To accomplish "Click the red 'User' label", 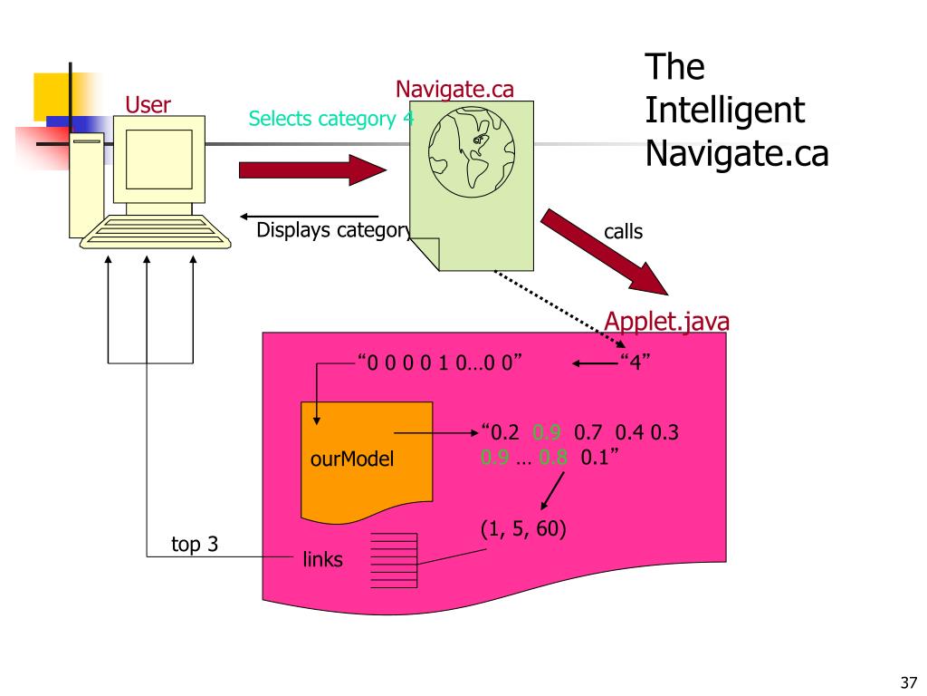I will [x=148, y=105].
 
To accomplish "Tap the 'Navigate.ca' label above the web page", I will [x=454, y=89].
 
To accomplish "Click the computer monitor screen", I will [x=158, y=159].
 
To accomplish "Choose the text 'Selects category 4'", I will [x=331, y=119].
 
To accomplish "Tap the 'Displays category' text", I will [x=332, y=229].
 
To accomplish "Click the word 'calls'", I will [x=623, y=231].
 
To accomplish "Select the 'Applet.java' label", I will [x=667, y=322].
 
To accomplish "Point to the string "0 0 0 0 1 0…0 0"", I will [x=442, y=364].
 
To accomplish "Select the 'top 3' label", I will [x=195, y=545].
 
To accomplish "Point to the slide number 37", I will [x=909, y=681].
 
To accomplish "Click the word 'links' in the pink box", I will [x=323, y=560].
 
